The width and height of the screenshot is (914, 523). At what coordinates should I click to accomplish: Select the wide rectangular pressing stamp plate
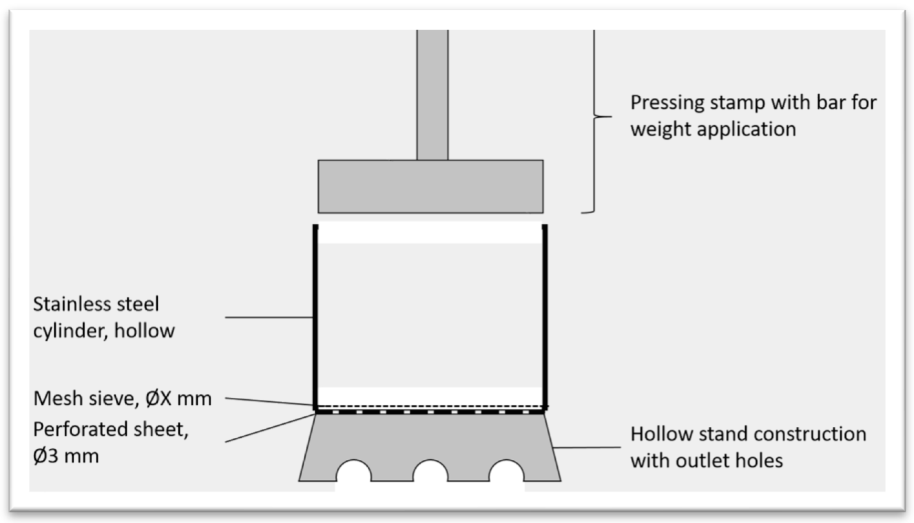[x=430, y=186]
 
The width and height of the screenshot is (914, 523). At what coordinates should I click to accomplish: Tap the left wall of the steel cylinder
[x=315, y=316]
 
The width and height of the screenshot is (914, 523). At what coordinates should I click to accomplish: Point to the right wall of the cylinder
[x=545, y=316]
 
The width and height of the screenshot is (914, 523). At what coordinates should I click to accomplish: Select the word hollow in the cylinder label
[x=144, y=330]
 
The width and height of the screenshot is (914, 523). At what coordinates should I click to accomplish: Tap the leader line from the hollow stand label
[x=586, y=448]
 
